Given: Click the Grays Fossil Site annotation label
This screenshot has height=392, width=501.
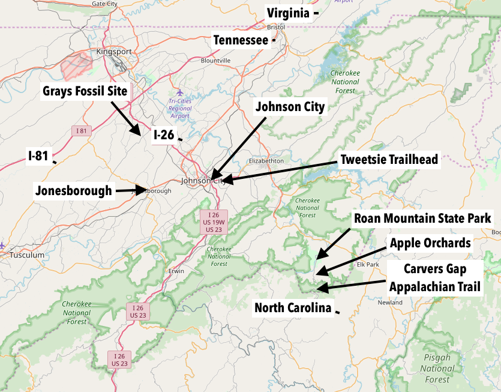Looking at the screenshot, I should coord(85,92).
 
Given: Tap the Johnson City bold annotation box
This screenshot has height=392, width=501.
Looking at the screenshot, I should coord(290,107).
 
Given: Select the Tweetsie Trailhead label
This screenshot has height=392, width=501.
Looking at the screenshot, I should coord(389,160).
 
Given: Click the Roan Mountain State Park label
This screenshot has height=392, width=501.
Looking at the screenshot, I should coord(423,218).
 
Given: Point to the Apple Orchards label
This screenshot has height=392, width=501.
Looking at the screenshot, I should coord(430,243).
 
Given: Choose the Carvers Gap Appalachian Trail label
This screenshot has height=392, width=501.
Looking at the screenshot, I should coord(435,277).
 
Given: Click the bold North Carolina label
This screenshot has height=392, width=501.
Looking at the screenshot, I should coord(293,308).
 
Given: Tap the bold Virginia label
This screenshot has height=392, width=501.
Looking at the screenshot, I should coord(288,13).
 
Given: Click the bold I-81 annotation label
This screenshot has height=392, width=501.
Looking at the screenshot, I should coord(38,155).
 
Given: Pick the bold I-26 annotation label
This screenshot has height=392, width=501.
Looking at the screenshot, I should coord(164,135).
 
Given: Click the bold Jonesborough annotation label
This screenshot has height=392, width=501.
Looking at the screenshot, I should coord(74,191).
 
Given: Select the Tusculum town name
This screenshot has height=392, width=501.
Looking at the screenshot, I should coord(27,255).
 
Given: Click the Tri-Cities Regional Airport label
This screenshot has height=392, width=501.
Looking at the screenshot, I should coord(180,108).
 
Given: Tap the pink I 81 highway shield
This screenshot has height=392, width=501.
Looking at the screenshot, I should coord(80,130).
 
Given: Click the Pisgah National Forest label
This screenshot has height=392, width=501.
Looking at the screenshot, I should coord(437,368).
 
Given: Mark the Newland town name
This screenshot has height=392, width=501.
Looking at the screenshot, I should coord(390,303).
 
